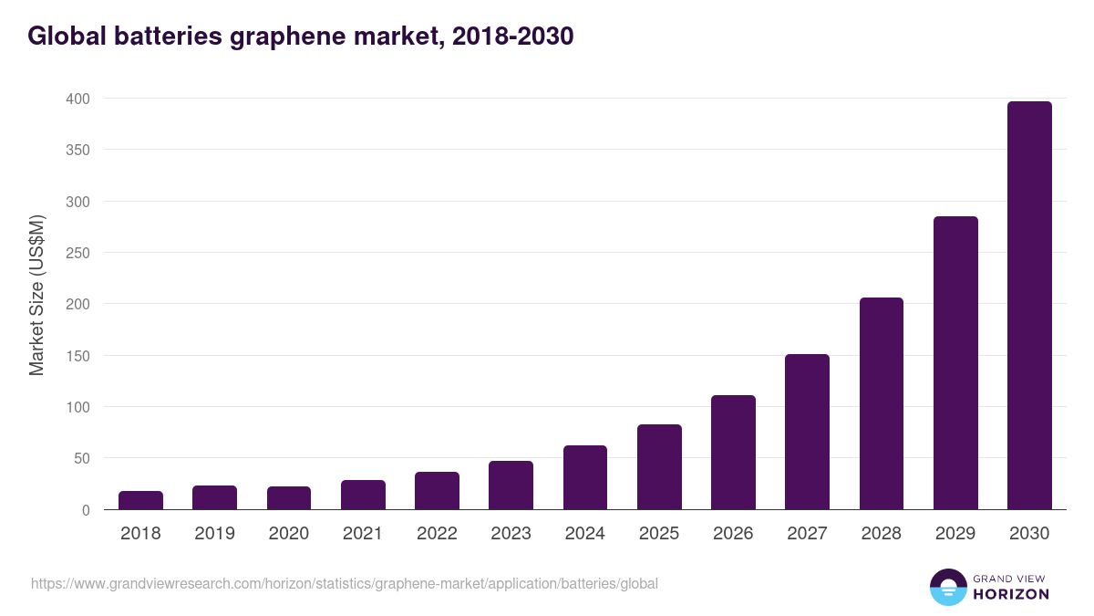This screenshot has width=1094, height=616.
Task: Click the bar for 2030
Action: pos(1029,306)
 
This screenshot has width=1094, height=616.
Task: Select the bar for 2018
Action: pos(140,500)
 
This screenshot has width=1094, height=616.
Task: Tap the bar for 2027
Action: pos(807,432)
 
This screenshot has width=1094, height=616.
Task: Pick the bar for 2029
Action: pos(955,363)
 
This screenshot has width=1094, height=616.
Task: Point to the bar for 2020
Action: pos(289,498)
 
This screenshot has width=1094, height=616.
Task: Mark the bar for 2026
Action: pos(733,453)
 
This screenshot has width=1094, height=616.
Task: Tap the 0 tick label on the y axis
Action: pos(86,510)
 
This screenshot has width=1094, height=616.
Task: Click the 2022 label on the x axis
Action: pos(437,534)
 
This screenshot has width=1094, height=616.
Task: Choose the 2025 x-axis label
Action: pos(659,534)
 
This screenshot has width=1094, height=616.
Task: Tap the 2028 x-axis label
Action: pos(882,534)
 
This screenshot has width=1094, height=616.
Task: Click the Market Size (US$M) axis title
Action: pos(36,294)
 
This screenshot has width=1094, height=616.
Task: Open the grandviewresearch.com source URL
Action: pos(344,583)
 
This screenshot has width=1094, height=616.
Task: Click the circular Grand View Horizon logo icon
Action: pos(947,587)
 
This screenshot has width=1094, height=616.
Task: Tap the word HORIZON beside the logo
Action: pos(1011,594)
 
